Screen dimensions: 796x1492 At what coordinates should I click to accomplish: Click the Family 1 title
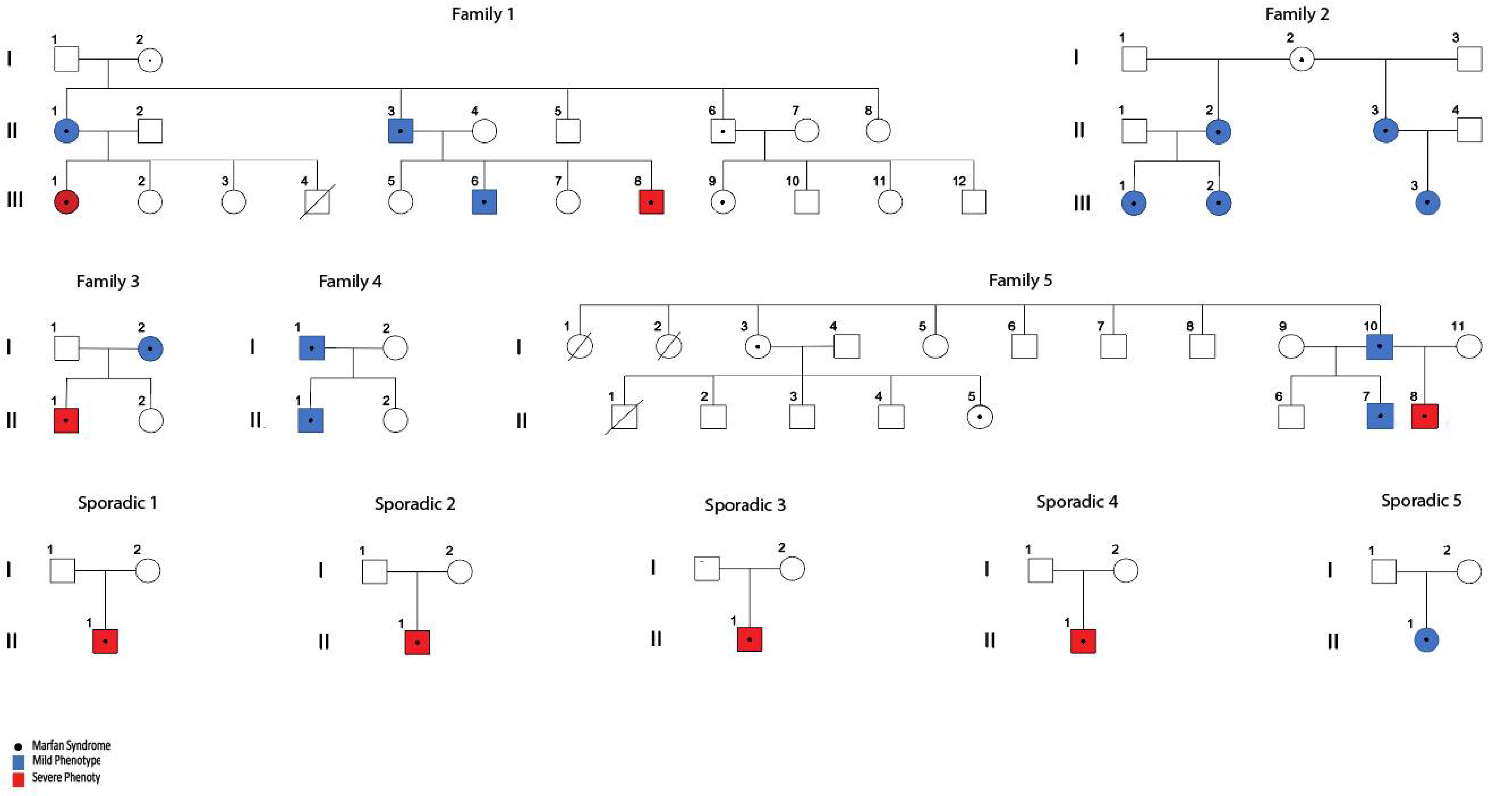pos(483,14)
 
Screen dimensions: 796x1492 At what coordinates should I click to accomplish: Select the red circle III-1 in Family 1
pos(66,202)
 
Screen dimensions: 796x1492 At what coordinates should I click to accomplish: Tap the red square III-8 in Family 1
pos(651,202)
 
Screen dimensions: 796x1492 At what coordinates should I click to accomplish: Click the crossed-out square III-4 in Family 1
pos(317,202)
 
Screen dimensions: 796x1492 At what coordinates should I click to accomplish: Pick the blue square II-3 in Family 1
pos(400,131)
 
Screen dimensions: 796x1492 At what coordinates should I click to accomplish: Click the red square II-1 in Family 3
pos(66,420)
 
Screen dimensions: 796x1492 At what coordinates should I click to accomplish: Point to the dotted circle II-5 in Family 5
pos(979,417)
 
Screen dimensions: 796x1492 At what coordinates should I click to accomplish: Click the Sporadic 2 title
pos(415,504)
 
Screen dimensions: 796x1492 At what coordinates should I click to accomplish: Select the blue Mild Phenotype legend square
pos(19,761)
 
